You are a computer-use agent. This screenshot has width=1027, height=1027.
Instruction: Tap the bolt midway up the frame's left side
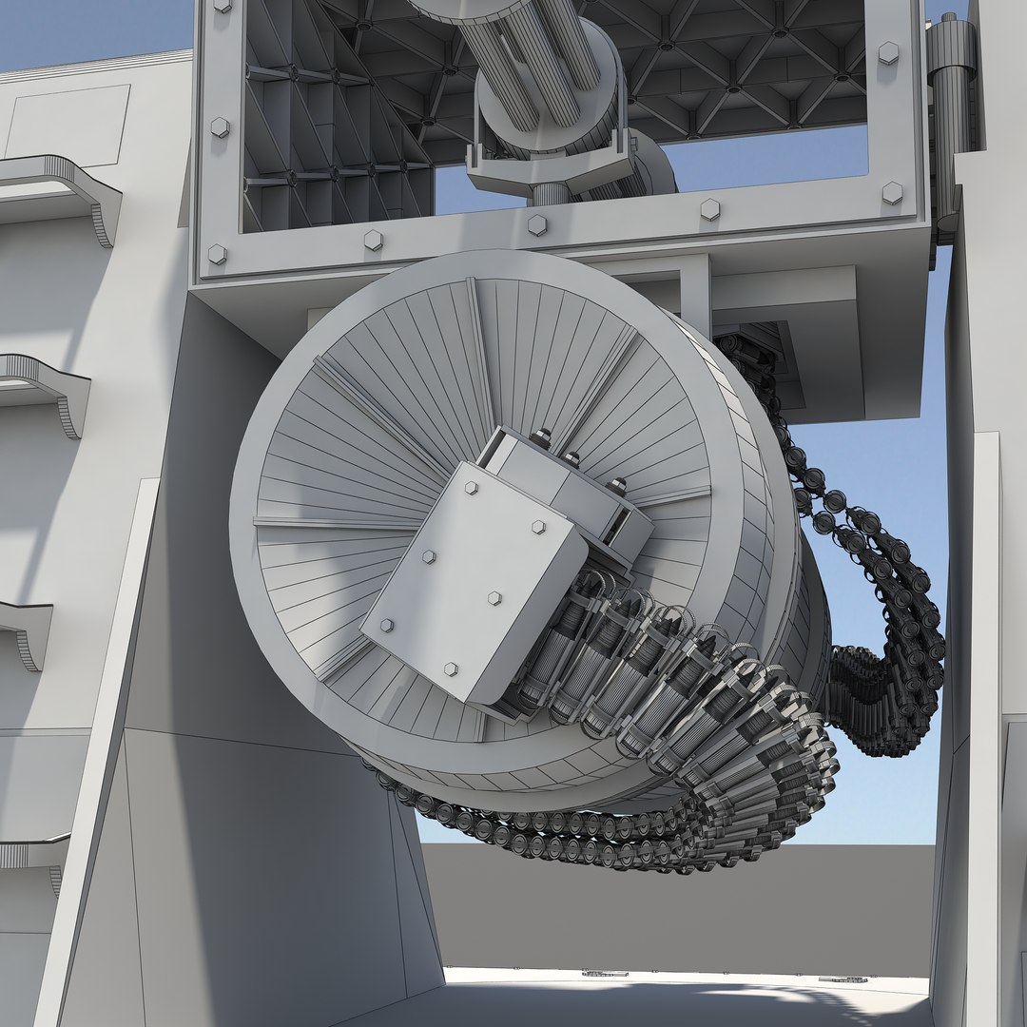[220, 126]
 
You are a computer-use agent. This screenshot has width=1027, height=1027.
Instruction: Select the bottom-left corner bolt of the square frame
[217, 253]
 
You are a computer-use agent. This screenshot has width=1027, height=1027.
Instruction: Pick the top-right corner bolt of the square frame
[889, 52]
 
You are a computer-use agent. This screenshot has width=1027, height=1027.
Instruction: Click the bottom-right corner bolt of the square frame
[892, 193]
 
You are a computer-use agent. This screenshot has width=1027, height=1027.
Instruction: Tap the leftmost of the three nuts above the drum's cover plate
[541, 438]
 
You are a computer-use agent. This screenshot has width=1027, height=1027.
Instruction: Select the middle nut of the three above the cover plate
[572, 458]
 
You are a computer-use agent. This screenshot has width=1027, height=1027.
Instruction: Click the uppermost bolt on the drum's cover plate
[471, 488]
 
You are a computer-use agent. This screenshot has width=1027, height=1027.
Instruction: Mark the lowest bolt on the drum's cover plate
[450, 669]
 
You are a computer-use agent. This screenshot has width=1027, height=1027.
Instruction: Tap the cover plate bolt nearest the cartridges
[494, 597]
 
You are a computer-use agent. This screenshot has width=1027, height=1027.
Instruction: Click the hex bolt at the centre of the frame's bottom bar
[537, 225]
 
